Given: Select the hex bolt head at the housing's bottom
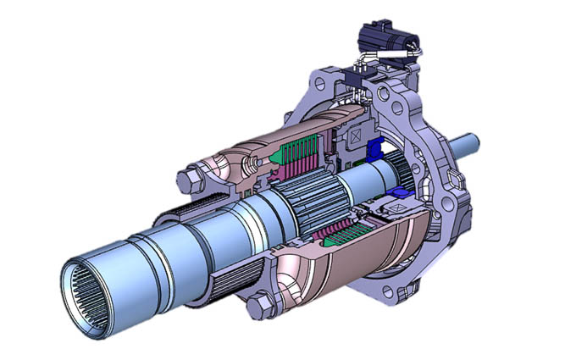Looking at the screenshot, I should [260, 302].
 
